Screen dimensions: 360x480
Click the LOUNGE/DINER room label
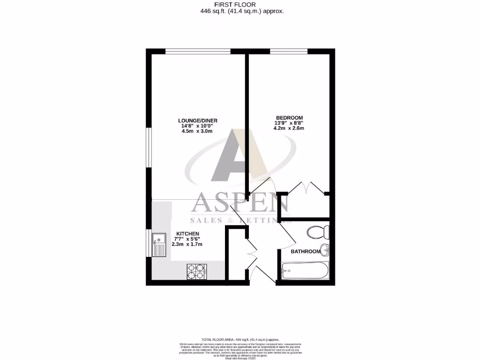[x=197, y=120]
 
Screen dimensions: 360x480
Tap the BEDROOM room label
[x=289, y=118]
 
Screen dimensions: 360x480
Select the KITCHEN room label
[x=187, y=234]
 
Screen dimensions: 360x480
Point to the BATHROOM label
[x=306, y=252]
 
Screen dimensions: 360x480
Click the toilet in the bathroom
[x=319, y=232]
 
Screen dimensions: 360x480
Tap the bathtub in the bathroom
[x=305, y=270]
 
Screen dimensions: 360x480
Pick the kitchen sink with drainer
[x=159, y=245]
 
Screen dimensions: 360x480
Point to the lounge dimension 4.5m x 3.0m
[x=197, y=131]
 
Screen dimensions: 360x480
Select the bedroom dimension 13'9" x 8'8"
[x=289, y=123]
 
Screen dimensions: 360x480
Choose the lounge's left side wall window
[x=149, y=147]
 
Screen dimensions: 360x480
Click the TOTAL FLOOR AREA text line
[x=240, y=339]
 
